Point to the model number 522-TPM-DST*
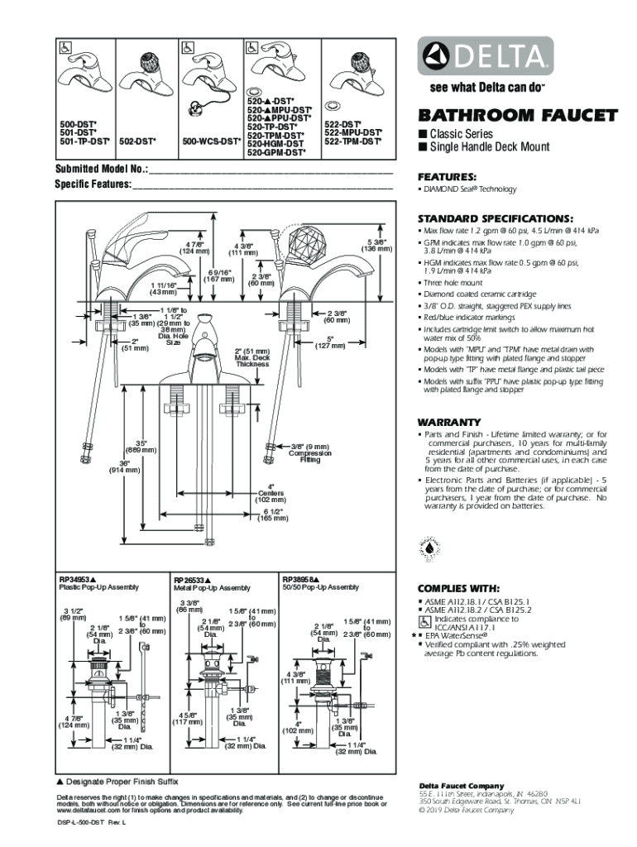[x=352, y=141]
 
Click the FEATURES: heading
[x=447, y=177]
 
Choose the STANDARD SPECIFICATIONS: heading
[x=495, y=218]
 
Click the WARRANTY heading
[x=449, y=421]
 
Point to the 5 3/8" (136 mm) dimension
[x=376, y=246]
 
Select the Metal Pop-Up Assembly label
[x=212, y=588]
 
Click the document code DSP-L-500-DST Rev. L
[x=91, y=824]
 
